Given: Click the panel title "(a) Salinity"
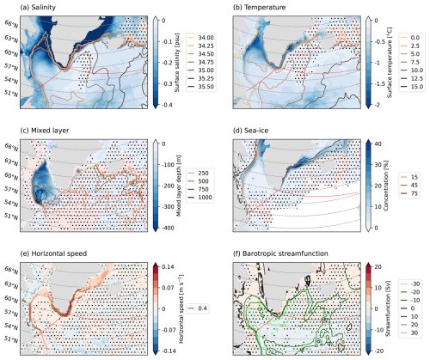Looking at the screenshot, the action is (x=38, y=7).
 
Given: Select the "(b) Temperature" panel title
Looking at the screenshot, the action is (x=260, y=7).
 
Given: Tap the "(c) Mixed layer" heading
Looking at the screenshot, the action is (x=45, y=131).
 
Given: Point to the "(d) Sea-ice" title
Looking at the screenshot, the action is (x=251, y=131).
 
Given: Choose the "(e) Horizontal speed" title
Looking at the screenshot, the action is (x=53, y=253).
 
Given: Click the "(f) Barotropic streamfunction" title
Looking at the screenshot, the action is (x=280, y=253).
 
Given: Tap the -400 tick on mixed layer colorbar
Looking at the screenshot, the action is (x=168, y=228).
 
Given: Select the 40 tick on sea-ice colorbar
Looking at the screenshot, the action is (x=378, y=143).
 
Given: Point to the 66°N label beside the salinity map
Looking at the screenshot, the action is (x=11, y=24).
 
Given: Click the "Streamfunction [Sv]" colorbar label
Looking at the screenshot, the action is (x=388, y=308).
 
